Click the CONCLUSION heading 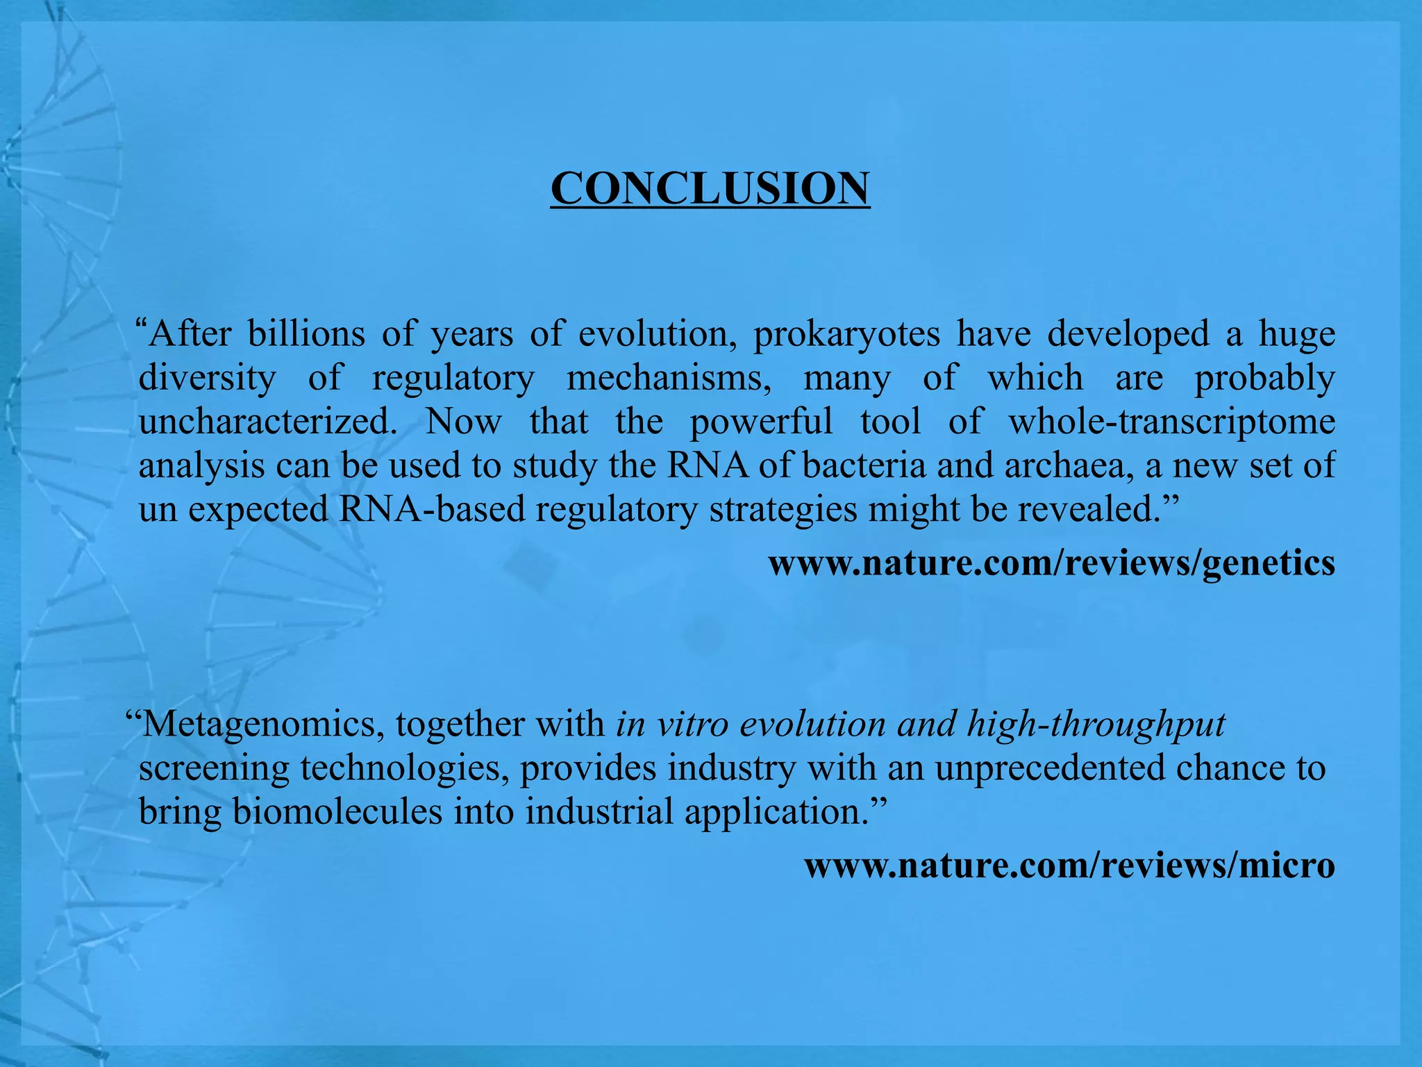point(710,188)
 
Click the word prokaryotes point(846,334)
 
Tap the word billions point(306,333)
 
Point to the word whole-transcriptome point(1171,422)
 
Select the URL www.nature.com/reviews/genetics point(1051,563)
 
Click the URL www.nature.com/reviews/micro point(1069,866)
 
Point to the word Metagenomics point(263,725)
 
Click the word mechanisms point(669,378)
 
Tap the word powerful point(761,422)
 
